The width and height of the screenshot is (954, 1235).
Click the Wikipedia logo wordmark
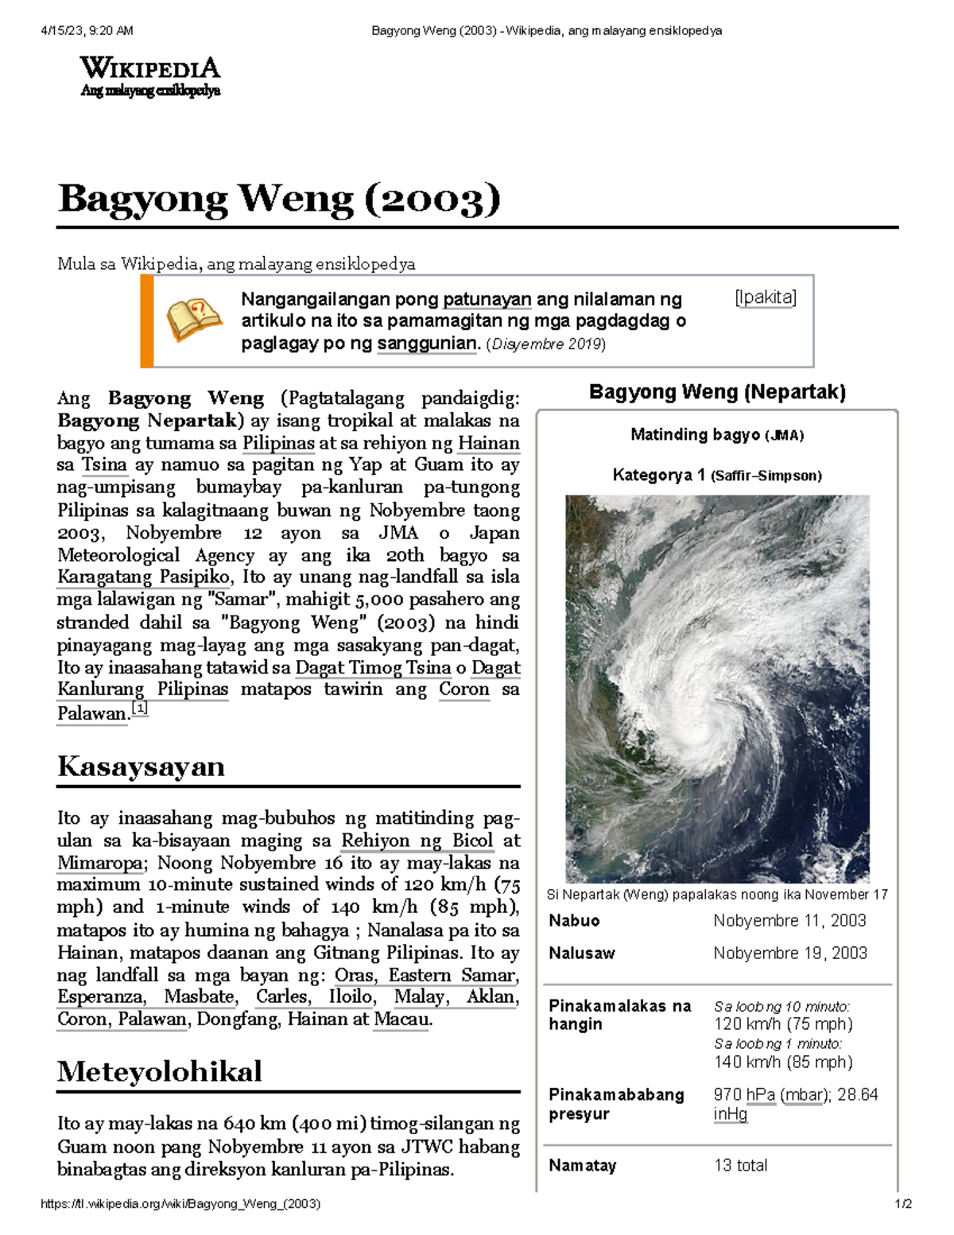click(149, 68)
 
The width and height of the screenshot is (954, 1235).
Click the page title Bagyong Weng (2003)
click(279, 199)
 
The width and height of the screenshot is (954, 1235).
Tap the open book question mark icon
click(193, 320)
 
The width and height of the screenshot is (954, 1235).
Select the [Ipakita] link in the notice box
click(765, 298)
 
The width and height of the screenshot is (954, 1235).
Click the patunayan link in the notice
click(487, 300)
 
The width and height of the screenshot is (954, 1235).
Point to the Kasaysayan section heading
click(141, 767)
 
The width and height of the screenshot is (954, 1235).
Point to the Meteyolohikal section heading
click(159, 1071)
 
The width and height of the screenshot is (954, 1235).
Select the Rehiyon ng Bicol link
click(417, 841)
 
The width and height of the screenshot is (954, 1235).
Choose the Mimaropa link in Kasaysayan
click(100, 863)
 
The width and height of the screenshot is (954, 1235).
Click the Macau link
click(401, 1019)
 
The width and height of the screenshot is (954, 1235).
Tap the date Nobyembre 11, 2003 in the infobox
click(789, 921)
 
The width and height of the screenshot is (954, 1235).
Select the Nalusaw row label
click(581, 953)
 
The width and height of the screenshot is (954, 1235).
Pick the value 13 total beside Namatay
click(740, 1166)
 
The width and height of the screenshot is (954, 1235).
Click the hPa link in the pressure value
click(760, 1095)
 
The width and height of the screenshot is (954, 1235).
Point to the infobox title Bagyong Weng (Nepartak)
click(717, 392)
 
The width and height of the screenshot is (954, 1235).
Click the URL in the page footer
click(180, 1204)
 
